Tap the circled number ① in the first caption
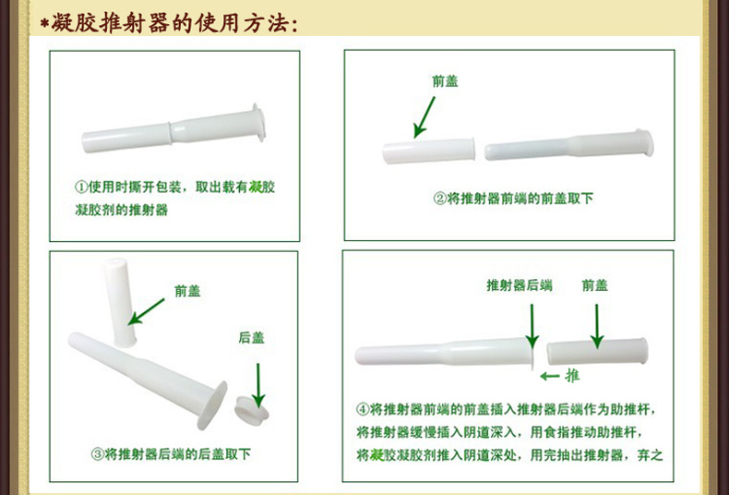80,187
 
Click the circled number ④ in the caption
363,409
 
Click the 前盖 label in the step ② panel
445,81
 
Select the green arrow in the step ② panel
425,117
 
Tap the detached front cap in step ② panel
429,151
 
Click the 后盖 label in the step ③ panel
251,338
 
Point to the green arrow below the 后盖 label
257,380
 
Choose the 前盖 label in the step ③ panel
187,291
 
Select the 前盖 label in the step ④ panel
595,285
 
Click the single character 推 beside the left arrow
572,376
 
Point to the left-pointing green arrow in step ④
550,376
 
